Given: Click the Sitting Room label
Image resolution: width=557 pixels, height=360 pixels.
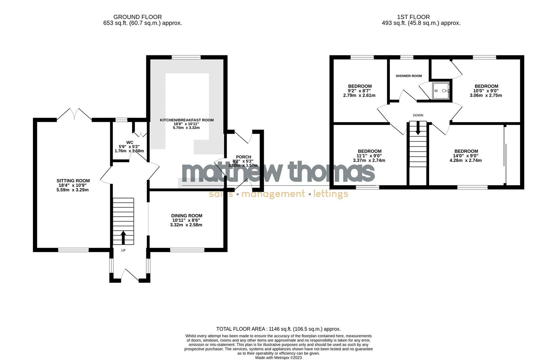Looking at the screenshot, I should coord(73,181).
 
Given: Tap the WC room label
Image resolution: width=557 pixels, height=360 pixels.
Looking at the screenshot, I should coord(130,142).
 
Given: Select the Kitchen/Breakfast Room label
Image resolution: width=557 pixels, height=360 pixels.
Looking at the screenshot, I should coord(187,120).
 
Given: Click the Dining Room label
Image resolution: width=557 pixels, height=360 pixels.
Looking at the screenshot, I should coord(187,216).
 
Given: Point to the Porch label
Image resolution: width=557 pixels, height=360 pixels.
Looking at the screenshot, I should coord(244,157).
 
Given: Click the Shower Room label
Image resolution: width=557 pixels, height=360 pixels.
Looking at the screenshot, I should coord(409,76).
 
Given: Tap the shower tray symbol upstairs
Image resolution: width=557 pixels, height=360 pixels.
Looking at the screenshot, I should coord(441,91).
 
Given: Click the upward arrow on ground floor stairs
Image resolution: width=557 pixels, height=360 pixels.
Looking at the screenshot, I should coord(123,237).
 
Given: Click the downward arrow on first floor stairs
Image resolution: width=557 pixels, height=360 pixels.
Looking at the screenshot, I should coord(418,129).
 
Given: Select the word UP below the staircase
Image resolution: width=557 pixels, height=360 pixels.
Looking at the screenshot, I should coord(123,250).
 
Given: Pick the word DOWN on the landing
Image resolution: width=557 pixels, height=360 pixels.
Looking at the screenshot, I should coord(418,115).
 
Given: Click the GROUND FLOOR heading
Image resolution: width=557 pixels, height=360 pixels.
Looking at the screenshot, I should coord(138,17).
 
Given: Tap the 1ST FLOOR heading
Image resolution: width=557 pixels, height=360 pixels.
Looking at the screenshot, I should coord(413,17).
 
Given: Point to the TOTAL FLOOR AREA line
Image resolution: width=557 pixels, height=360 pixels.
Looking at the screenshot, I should coord(278,329).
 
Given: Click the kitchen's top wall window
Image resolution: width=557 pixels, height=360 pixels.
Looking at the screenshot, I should coord(186,57).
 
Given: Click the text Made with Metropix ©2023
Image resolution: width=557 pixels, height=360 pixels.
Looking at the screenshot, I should coord(278,357).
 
